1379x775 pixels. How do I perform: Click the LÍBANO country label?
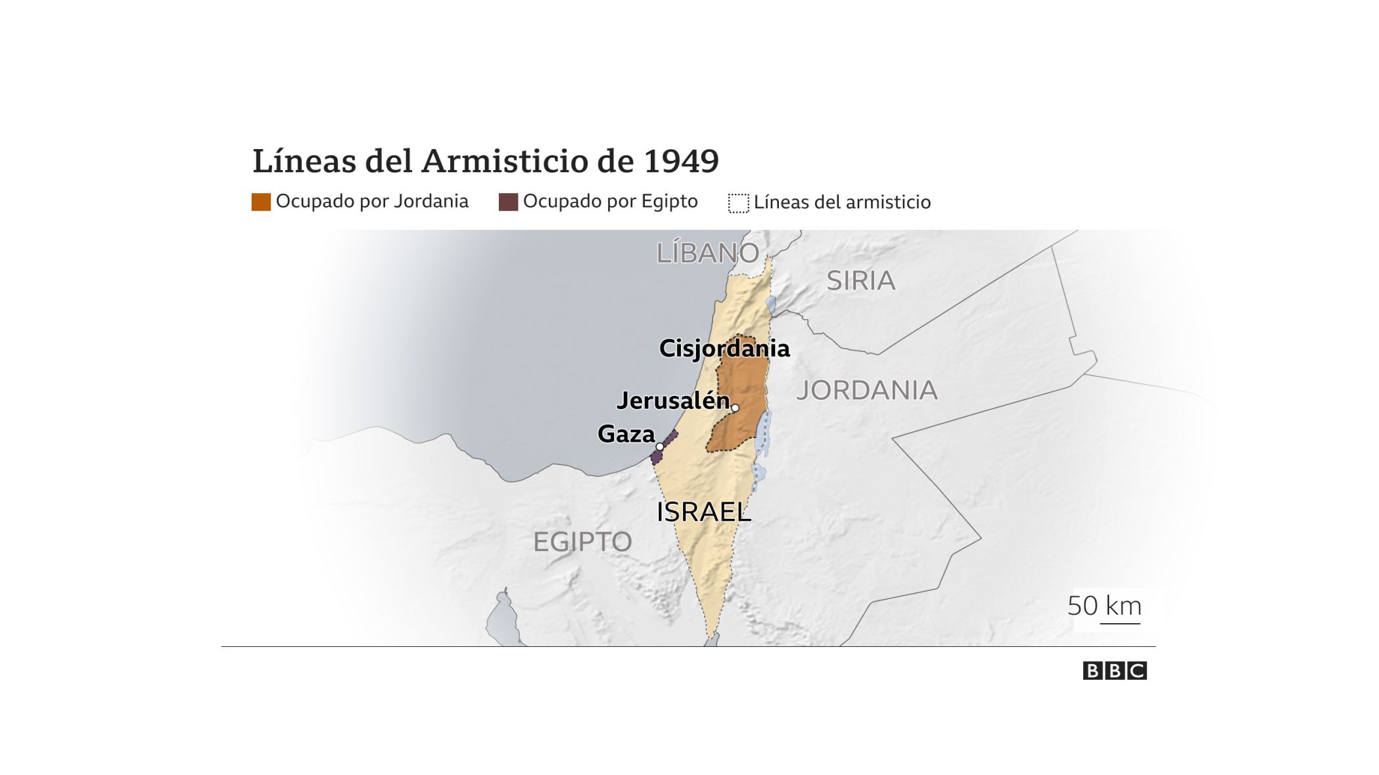tap(707, 254)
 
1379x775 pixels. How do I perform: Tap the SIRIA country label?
tap(860, 281)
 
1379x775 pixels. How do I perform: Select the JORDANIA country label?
tap(866, 391)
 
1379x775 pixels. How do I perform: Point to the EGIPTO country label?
tap(582, 542)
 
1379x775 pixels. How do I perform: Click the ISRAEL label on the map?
tap(703, 512)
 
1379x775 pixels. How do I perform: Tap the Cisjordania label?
tap(724, 349)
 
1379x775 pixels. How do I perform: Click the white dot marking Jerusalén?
tap(735, 408)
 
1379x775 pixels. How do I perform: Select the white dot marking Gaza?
tap(659, 447)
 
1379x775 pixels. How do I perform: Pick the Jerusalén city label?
tap(673, 401)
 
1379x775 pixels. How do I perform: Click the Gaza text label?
tap(626, 434)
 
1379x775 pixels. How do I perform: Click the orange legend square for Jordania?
tap(261, 202)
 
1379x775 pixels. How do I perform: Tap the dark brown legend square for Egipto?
tap(508, 202)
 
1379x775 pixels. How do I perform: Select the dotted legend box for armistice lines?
tap(738, 203)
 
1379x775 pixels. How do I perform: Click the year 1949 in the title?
tap(681, 161)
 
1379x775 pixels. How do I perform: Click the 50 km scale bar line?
tap(1120, 622)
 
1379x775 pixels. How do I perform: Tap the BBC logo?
tap(1115, 671)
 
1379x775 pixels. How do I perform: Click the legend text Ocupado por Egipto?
tap(610, 202)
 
